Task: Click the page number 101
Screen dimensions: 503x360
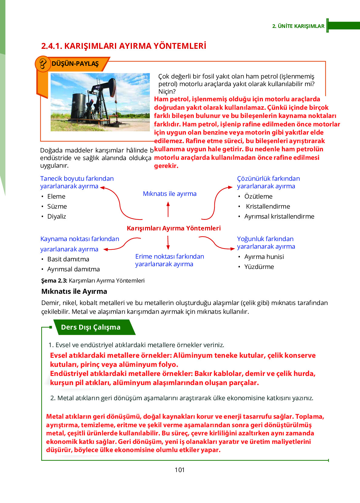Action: (180, 470)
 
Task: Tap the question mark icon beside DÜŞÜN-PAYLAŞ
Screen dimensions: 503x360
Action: (43, 64)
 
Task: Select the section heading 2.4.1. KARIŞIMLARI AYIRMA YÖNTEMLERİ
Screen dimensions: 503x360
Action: (123, 46)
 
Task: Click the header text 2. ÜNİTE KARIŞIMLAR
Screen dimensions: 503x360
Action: (298, 26)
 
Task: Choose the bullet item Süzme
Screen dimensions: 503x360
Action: (57, 206)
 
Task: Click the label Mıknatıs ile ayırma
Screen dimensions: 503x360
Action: (170, 194)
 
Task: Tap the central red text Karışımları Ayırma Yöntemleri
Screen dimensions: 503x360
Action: (173, 228)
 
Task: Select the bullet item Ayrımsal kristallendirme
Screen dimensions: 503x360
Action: (279, 216)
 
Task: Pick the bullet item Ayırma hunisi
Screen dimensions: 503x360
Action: (264, 257)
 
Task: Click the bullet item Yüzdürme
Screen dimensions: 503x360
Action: (259, 267)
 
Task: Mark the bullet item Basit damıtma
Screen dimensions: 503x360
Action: (68, 259)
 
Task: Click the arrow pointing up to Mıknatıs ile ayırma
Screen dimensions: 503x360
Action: (168, 209)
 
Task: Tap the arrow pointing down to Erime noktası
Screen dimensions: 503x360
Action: (168, 243)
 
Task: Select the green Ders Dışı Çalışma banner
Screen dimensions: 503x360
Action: (91, 327)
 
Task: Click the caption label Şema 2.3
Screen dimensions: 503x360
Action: (54, 281)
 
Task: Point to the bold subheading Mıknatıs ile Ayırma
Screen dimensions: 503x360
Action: (74, 291)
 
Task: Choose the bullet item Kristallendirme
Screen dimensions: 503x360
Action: (268, 206)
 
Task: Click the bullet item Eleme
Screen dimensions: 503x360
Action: (56, 196)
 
